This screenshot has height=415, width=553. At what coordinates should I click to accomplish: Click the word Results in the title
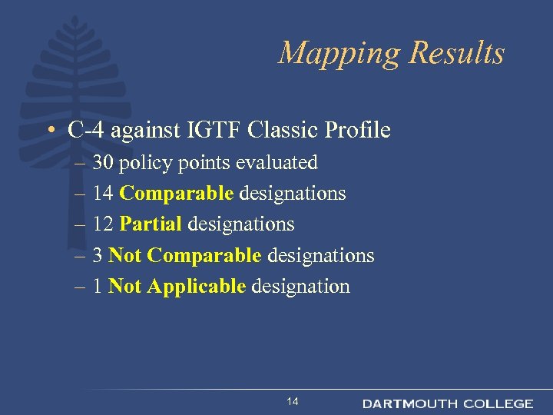[457, 54]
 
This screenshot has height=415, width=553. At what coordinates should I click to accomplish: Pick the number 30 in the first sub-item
[104, 163]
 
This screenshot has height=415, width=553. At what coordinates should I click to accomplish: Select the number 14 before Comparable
[104, 194]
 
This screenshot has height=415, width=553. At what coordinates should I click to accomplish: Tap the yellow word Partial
[151, 224]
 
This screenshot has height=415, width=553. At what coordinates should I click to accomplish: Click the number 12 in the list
[104, 224]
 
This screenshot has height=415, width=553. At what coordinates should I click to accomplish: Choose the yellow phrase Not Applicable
[177, 287]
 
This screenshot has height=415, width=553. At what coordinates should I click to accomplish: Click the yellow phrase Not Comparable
[185, 255]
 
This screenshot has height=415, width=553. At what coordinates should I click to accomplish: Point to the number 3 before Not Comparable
[98, 255]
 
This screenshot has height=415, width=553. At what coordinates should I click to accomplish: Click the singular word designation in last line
[300, 287]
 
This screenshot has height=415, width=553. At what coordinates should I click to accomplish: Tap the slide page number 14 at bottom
[292, 402]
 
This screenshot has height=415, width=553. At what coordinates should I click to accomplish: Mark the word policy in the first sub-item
[150, 163]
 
